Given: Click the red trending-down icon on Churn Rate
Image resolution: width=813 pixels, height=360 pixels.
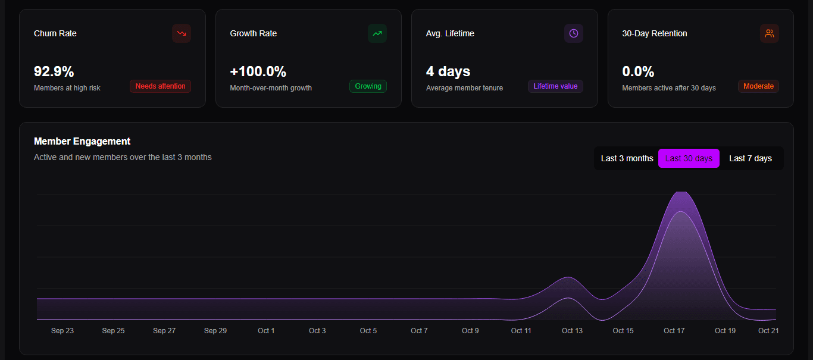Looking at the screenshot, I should pyautogui.click(x=182, y=33).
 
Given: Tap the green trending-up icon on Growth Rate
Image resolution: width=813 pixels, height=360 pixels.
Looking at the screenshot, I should pyautogui.click(x=377, y=33).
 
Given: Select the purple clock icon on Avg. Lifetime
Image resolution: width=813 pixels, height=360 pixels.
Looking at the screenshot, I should pyautogui.click(x=573, y=33).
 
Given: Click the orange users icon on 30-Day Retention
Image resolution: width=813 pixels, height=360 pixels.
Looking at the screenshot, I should pyautogui.click(x=770, y=33).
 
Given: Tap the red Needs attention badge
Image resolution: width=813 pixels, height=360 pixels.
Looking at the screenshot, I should pyautogui.click(x=160, y=86).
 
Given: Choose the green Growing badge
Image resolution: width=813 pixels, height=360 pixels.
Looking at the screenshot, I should pyautogui.click(x=368, y=86).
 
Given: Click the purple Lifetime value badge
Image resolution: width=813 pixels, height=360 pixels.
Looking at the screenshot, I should pyautogui.click(x=555, y=86).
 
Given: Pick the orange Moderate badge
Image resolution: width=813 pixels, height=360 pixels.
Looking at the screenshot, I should pyautogui.click(x=758, y=86).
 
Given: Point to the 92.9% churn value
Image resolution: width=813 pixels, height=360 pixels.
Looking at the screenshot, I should pyautogui.click(x=54, y=72).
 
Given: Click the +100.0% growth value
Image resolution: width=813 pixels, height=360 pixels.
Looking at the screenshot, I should pyautogui.click(x=258, y=72).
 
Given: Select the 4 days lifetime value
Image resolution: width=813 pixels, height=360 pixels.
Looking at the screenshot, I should pyautogui.click(x=448, y=72).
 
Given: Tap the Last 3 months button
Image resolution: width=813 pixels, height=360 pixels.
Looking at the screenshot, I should pyautogui.click(x=627, y=158).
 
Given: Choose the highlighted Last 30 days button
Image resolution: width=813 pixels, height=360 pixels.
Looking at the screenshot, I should pyautogui.click(x=689, y=158).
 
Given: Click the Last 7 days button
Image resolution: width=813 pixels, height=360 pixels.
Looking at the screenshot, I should pyautogui.click(x=751, y=158).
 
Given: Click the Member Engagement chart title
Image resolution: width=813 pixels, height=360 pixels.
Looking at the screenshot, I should pyautogui.click(x=82, y=141).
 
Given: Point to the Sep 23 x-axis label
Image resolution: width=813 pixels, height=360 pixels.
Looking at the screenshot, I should pyautogui.click(x=62, y=331).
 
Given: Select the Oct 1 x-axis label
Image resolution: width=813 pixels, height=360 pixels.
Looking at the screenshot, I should pyautogui.click(x=266, y=331).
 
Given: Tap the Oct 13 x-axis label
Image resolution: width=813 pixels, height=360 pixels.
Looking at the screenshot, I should pyautogui.click(x=572, y=331).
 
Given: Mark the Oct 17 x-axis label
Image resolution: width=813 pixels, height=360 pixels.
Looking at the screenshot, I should pyautogui.click(x=674, y=331).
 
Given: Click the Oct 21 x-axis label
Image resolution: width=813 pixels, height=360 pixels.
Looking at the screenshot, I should pyautogui.click(x=768, y=331).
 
